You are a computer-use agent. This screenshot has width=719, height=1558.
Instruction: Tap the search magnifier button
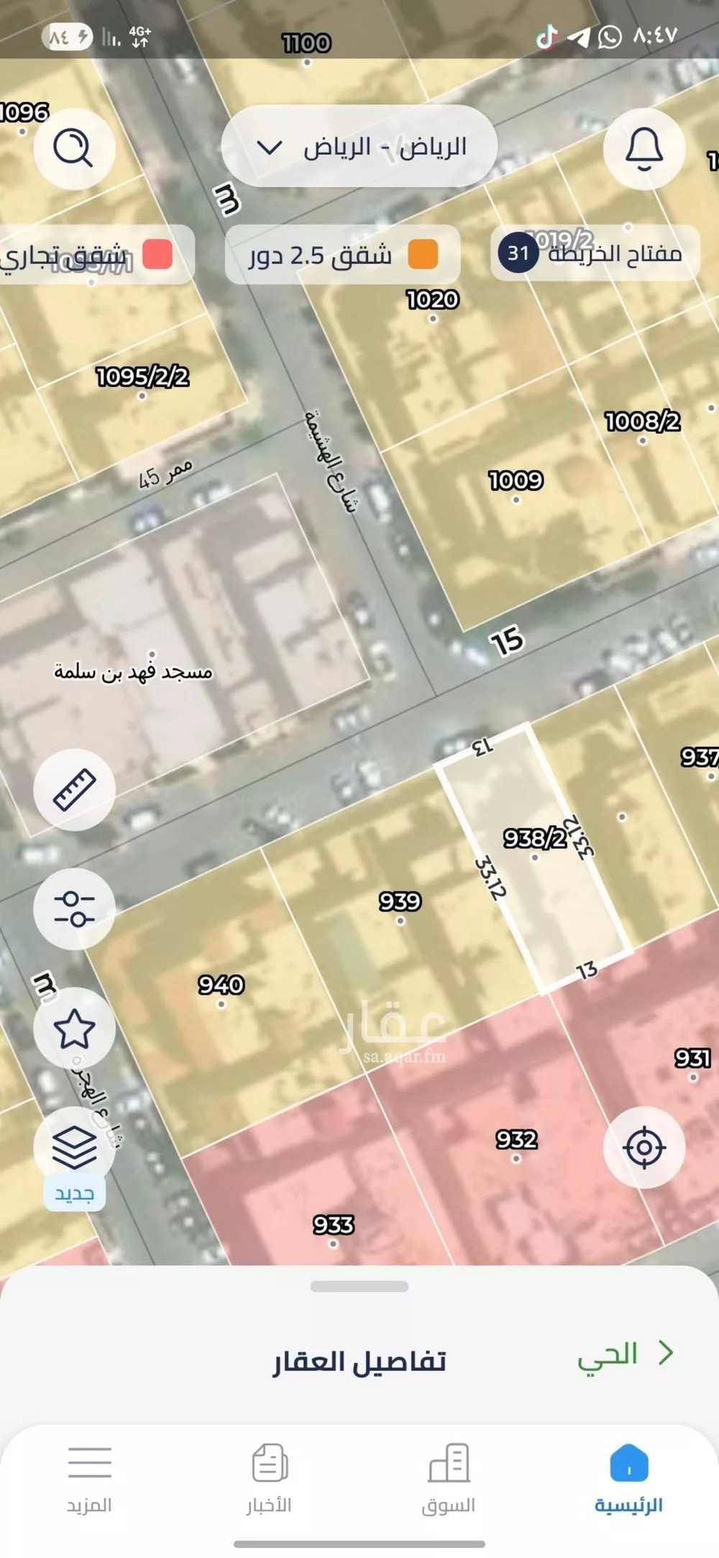tap(74, 149)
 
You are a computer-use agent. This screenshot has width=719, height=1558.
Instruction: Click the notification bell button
tap(644, 149)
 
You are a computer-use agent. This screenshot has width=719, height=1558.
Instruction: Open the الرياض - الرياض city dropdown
tap(359, 147)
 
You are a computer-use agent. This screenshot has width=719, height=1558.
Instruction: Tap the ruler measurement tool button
tap(74, 789)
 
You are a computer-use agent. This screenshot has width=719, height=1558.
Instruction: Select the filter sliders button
tap(74, 908)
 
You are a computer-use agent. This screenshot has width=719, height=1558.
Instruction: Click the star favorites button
tap(74, 1028)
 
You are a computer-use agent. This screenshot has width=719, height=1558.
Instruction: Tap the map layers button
tap(74, 1147)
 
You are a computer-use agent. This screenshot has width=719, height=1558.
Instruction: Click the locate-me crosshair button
tap(644, 1147)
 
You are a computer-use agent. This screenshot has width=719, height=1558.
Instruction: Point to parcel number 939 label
tap(400, 901)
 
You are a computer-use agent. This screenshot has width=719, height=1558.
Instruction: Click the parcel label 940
tap(221, 985)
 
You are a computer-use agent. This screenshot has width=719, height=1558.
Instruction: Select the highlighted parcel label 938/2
tap(534, 838)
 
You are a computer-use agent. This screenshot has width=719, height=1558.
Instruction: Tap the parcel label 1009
tap(516, 480)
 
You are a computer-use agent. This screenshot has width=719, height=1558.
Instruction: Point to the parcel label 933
tap(333, 1224)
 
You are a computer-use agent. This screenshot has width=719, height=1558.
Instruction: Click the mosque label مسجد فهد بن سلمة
tap(134, 672)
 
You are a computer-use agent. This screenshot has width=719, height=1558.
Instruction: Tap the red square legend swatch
tap(157, 255)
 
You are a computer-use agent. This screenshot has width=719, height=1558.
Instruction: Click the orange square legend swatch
tap(423, 255)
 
